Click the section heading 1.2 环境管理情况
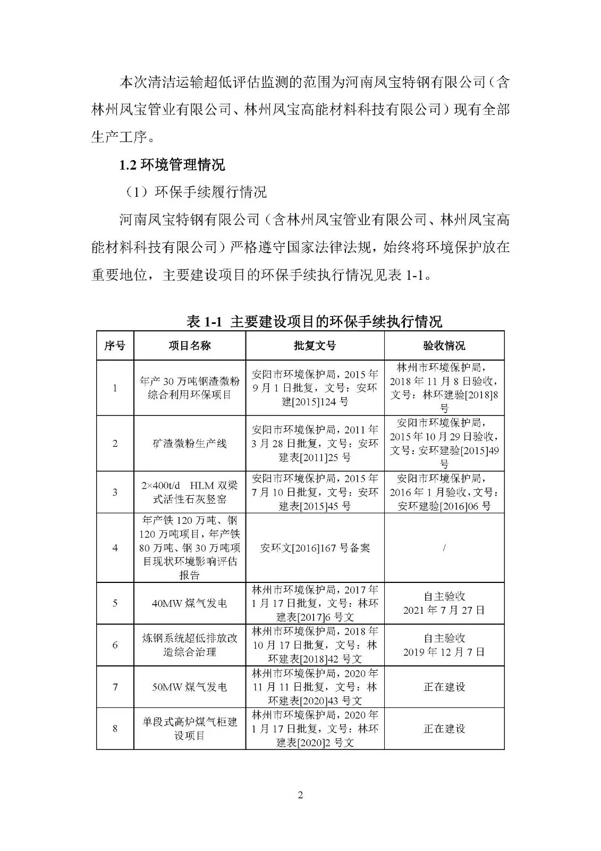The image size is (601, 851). click(172, 164)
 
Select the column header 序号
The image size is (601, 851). click(115, 346)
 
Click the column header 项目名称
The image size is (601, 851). click(190, 346)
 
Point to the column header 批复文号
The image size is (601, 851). click(315, 346)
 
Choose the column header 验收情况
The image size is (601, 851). click(444, 346)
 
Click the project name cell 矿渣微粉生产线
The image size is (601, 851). click(190, 444)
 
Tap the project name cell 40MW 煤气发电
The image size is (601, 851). click(190, 603)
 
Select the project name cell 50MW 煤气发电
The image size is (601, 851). click(190, 687)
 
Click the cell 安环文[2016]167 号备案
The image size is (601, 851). click(315, 547)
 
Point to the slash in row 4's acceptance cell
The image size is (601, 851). click(444, 547)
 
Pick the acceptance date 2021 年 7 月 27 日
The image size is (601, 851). click(444, 610)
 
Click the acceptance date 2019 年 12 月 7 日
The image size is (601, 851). click(444, 652)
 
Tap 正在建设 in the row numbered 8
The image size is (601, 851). click(444, 729)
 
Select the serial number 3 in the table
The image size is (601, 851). click(115, 492)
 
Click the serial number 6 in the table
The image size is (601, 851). click(115, 645)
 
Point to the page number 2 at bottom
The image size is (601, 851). click(300, 795)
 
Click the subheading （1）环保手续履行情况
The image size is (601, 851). click(194, 192)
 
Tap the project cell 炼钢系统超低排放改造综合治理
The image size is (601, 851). click(190, 645)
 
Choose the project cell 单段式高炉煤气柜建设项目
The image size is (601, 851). click(190, 729)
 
